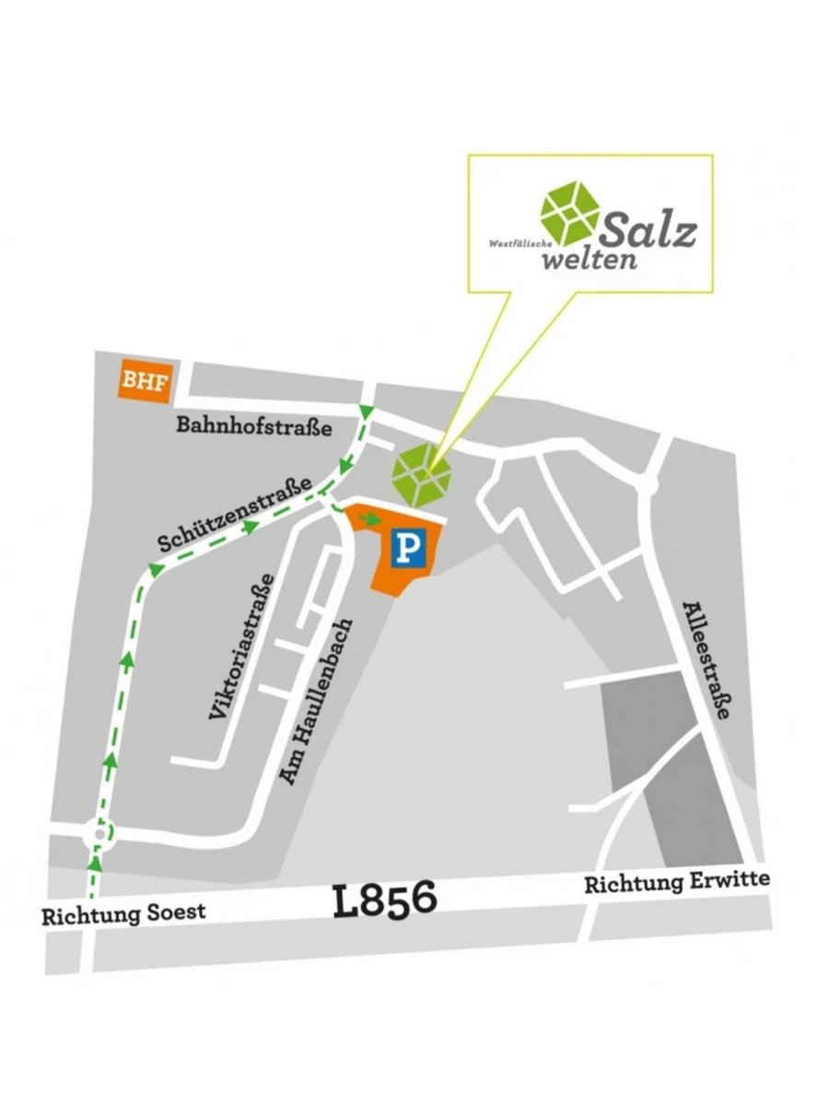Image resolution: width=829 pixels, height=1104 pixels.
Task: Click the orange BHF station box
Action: tap(146, 381)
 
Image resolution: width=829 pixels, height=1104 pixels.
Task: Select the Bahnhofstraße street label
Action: tap(253, 426)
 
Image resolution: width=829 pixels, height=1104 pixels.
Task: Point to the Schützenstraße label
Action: tap(238, 516)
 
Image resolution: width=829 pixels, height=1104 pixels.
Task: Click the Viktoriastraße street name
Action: tap(241, 645)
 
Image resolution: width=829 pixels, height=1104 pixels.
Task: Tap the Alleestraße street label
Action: tap(710, 659)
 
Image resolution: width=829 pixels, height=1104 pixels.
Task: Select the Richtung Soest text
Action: tap(123, 915)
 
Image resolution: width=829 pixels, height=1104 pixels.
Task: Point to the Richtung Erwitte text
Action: tap(677, 882)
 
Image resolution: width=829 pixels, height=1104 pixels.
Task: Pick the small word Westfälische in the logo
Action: tap(520, 244)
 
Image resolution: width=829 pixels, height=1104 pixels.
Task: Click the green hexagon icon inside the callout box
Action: tap(570, 213)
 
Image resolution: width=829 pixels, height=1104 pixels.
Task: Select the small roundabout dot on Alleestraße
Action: tap(649, 484)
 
